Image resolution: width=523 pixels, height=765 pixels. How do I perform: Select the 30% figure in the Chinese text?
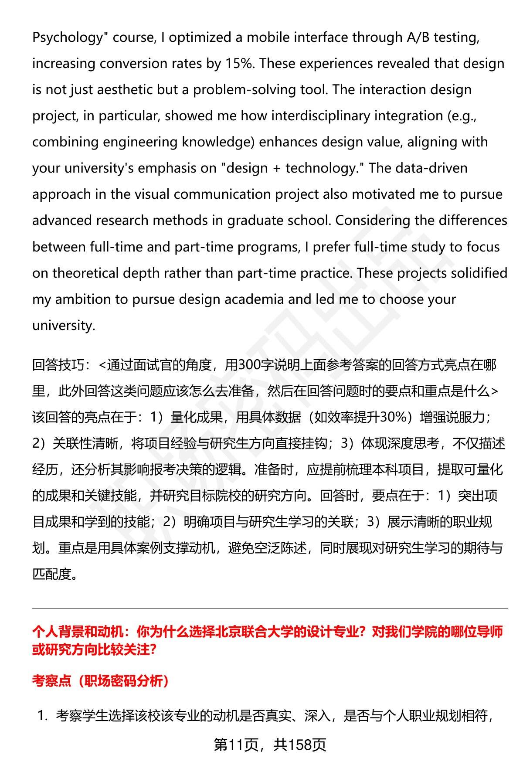point(394,417)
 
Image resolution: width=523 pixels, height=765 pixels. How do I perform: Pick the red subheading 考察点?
point(51,680)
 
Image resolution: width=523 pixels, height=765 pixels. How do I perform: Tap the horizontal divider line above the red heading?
point(270,609)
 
